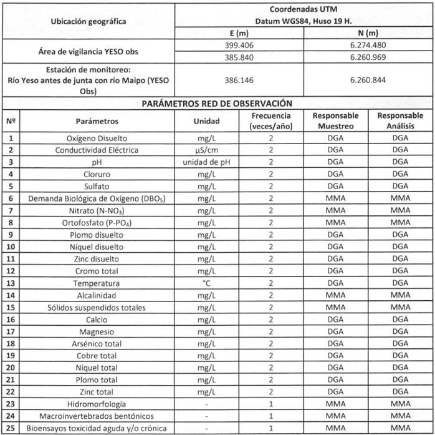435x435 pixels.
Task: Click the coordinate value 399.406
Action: (240, 46)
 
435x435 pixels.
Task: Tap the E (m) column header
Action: (240, 32)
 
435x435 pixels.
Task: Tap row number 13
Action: (11, 283)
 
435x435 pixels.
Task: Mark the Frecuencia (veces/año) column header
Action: (271, 120)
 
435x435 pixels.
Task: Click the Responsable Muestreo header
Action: (335, 120)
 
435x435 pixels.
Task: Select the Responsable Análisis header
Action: (400, 120)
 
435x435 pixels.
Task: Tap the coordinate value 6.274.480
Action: (368, 46)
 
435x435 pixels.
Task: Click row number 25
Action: (11, 428)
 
